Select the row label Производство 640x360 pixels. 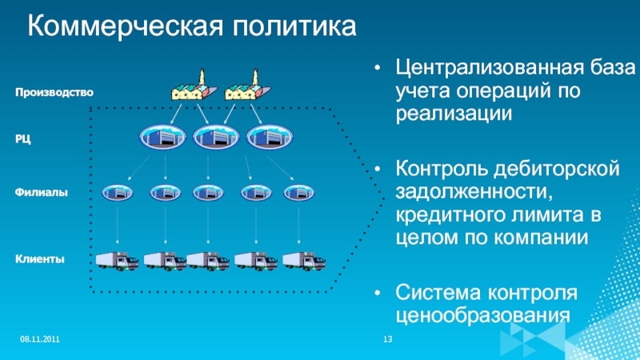[54, 93]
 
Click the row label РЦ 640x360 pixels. [24, 140]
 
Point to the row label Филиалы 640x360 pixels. [40, 193]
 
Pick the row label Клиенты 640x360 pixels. [39, 259]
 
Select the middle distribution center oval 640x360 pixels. [213, 138]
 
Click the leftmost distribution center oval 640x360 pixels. [159, 138]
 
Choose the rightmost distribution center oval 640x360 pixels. [266, 138]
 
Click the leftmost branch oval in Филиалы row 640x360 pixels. [118, 193]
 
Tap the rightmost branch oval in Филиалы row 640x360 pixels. [299, 193]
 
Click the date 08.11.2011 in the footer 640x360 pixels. [40, 342]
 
